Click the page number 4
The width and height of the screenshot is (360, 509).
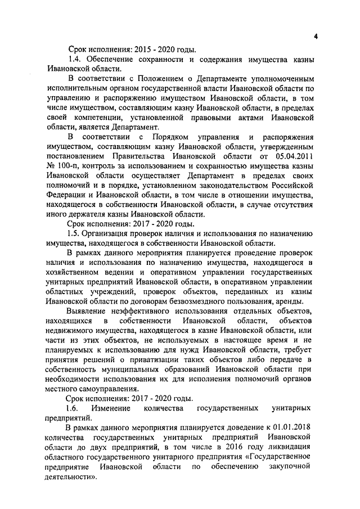coord(316,37)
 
